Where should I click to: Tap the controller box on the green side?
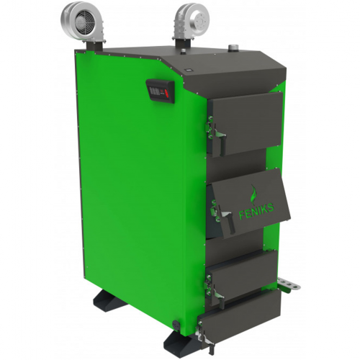click(x=160, y=92)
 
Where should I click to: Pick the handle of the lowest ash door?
click(x=207, y=339)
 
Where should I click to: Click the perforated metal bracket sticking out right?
click(x=289, y=284)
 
